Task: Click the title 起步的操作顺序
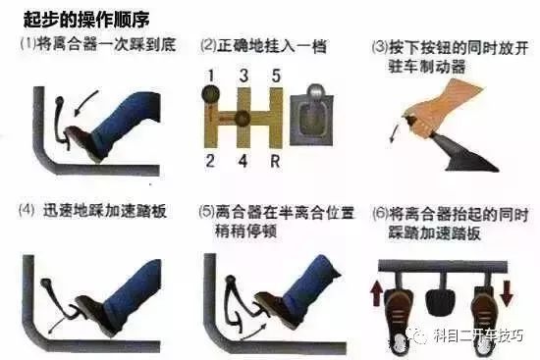point(86,20)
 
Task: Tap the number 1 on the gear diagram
point(211,76)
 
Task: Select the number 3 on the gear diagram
point(243,76)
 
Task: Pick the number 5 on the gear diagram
point(276,76)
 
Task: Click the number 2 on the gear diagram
point(211,161)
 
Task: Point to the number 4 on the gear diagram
point(243,161)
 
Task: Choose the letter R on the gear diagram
point(275,161)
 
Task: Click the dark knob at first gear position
point(211,94)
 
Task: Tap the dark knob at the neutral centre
point(243,119)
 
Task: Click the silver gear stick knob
point(316,91)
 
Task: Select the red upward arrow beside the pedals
point(376,293)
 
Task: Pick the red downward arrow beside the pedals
point(508,293)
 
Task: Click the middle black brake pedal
point(441,302)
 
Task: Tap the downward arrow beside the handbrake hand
point(395,133)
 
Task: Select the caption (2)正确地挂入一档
point(263,46)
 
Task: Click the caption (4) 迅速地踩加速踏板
point(93,210)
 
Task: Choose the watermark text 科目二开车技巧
point(478,334)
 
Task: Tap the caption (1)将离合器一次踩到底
point(98,45)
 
